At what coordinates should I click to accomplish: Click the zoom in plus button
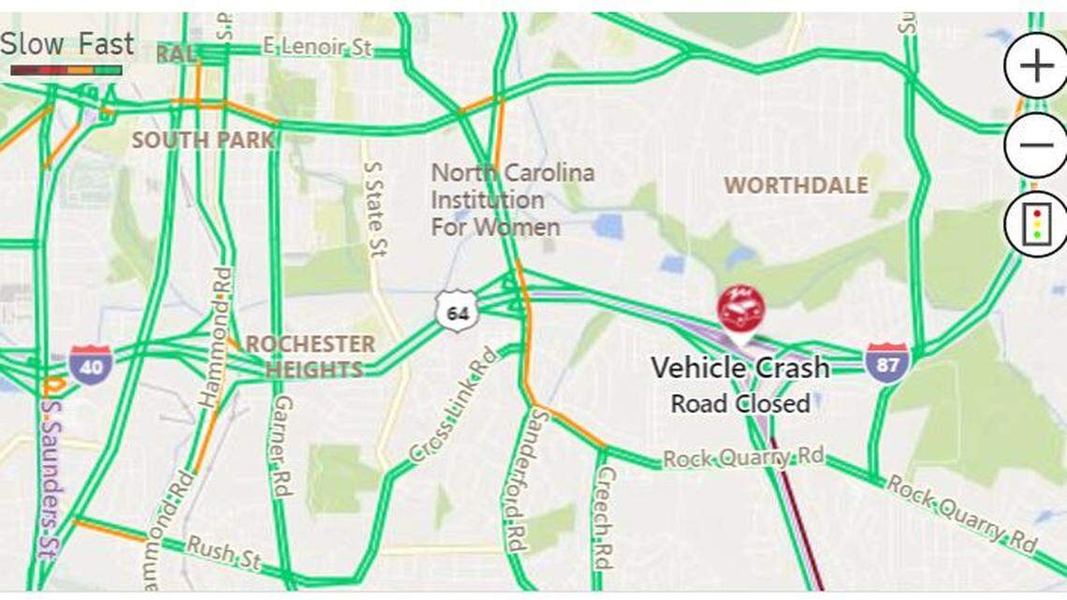click(x=1035, y=66)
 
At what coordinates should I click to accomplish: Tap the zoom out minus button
click(x=1035, y=145)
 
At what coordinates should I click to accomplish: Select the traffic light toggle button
click(x=1035, y=225)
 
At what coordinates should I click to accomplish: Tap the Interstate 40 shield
click(x=90, y=364)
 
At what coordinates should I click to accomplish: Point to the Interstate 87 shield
click(x=885, y=362)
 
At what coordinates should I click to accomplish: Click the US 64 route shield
click(x=457, y=312)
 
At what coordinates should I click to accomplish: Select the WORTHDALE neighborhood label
click(x=796, y=185)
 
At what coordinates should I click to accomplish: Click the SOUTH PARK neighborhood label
click(x=203, y=140)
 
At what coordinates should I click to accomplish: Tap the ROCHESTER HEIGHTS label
click(x=309, y=357)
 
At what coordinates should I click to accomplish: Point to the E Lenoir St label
click(x=317, y=47)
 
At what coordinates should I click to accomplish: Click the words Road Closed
click(x=739, y=403)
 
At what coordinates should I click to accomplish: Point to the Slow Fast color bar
click(x=66, y=70)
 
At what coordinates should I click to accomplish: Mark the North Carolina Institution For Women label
click(x=511, y=199)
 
